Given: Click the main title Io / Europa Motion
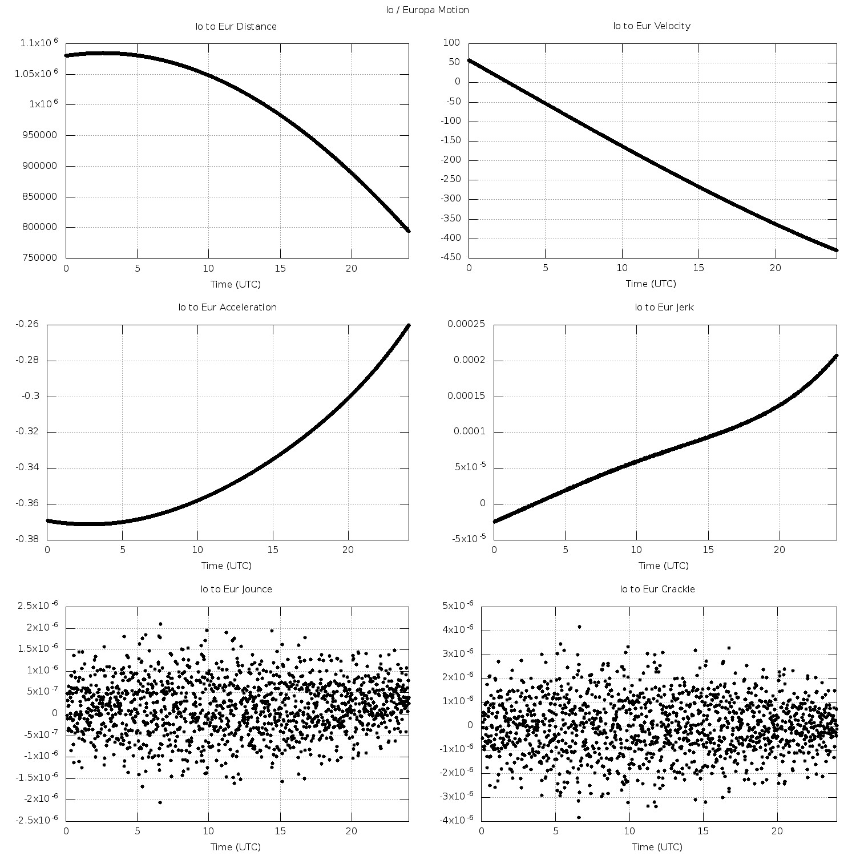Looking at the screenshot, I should (x=427, y=10).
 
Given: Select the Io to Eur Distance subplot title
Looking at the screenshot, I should (x=236, y=26).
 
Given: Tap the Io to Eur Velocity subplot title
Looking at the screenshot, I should (x=652, y=26).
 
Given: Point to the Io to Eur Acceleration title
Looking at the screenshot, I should (x=228, y=307).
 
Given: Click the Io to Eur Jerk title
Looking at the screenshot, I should (x=664, y=307).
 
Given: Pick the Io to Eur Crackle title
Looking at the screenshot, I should (x=657, y=589).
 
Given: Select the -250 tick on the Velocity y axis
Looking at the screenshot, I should (x=450, y=180).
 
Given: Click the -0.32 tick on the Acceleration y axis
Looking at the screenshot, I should (x=27, y=432).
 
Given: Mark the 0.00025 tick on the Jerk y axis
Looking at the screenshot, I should (x=466, y=324).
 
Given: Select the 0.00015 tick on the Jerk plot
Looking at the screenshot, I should (x=466, y=396).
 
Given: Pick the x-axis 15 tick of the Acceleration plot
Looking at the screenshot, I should (x=273, y=550).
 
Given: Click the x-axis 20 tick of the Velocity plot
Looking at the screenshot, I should (x=775, y=268).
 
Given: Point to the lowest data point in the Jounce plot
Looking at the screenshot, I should (x=160, y=802).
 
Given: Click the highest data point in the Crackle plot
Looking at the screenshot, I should (x=579, y=627).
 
